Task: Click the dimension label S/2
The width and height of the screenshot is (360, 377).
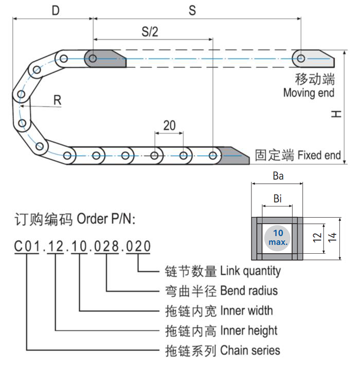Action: pyautogui.click(x=150, y=31)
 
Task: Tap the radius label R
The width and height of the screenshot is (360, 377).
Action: pyautogui.click(x=58, y=100)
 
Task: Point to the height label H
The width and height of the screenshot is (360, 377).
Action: pyautogui.click(x=336, y=115)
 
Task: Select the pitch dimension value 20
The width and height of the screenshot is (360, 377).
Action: pyautogui.click(x=169, y=125)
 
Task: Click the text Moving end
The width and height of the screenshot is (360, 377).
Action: pyautogui.click(x=309, y=93)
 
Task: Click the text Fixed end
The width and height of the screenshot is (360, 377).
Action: pyautogui.click(x=319, y=155)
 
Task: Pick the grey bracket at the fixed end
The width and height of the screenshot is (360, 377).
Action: pyautogui.click(x=231, y=155)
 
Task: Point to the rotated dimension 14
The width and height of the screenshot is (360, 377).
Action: pyautogui.click(x=333, y=237)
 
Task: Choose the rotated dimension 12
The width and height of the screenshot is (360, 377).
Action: pyautogui.click(x=317, y=238)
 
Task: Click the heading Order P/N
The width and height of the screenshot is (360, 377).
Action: pyautogui.click(x=106, y=219)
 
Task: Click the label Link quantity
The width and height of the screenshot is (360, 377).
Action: pyautogui.click(x=250, y=271)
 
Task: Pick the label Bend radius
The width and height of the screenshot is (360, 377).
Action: pyautogui.click(x=249, y=291)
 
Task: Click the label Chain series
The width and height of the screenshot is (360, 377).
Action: pyautogui.click(x=250, y=350)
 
